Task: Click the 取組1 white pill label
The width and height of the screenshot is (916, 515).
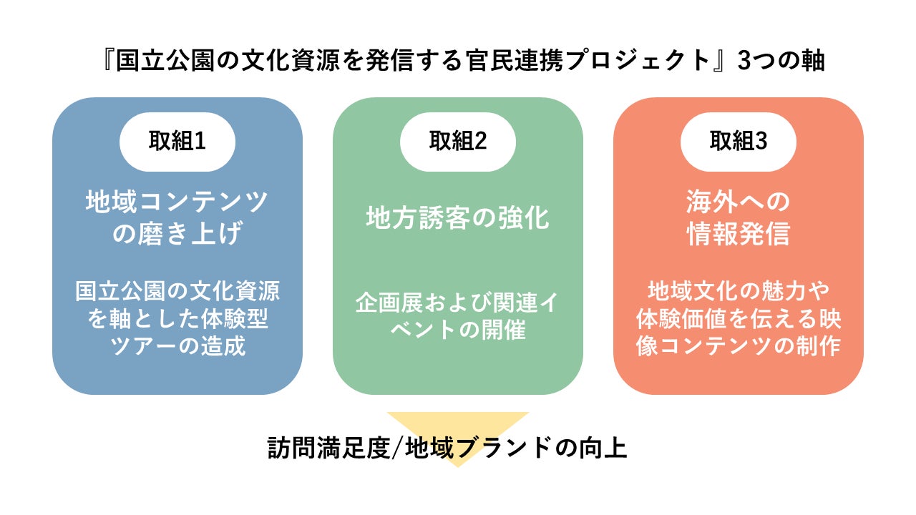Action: click(x=177, y=141)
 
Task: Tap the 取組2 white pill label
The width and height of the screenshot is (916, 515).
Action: click(x=458, y=141)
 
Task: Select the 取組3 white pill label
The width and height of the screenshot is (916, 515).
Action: click(x=739, y=141)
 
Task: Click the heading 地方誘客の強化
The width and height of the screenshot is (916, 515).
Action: click(x=458, y=218)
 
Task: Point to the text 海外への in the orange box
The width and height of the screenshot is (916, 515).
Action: click(x=739, y=202)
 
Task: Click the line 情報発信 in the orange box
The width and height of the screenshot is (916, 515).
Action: click(x=739, y=235)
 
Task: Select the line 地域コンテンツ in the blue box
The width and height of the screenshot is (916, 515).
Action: click(x=177, y=202)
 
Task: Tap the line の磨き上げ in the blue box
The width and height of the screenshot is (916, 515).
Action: click(x=177, y=235)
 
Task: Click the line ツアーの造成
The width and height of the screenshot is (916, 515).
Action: click(x=177, y=346)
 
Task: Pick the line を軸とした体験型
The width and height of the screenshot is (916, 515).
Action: click(x=177, y=319)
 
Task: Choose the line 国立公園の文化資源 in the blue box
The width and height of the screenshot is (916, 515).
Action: click(x=177, y=292)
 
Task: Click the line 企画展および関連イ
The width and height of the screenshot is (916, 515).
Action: click(x=458, y=303)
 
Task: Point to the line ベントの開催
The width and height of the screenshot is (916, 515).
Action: click(x=458, y=331)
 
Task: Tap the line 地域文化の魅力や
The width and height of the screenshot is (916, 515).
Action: click(x=739, y=292)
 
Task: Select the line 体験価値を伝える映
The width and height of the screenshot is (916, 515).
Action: click(x=739, y=319)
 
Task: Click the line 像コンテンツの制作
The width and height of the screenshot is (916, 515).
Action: click(x=739, y=346)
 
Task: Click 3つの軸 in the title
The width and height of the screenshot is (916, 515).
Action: click(x=781, y=61)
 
